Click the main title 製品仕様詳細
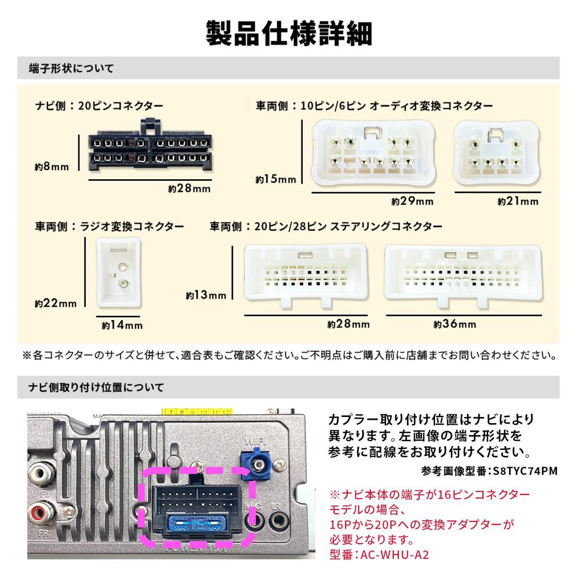pos(288,33)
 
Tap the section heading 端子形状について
pos(71,69)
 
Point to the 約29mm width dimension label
pos(412,201)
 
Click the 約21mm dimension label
pos(518,201)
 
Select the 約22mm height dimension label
pos(55,303)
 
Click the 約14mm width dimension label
pos(122,325)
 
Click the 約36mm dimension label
pos(455,324)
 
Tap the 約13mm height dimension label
pos(206,295)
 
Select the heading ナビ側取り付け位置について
pos(96,388)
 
